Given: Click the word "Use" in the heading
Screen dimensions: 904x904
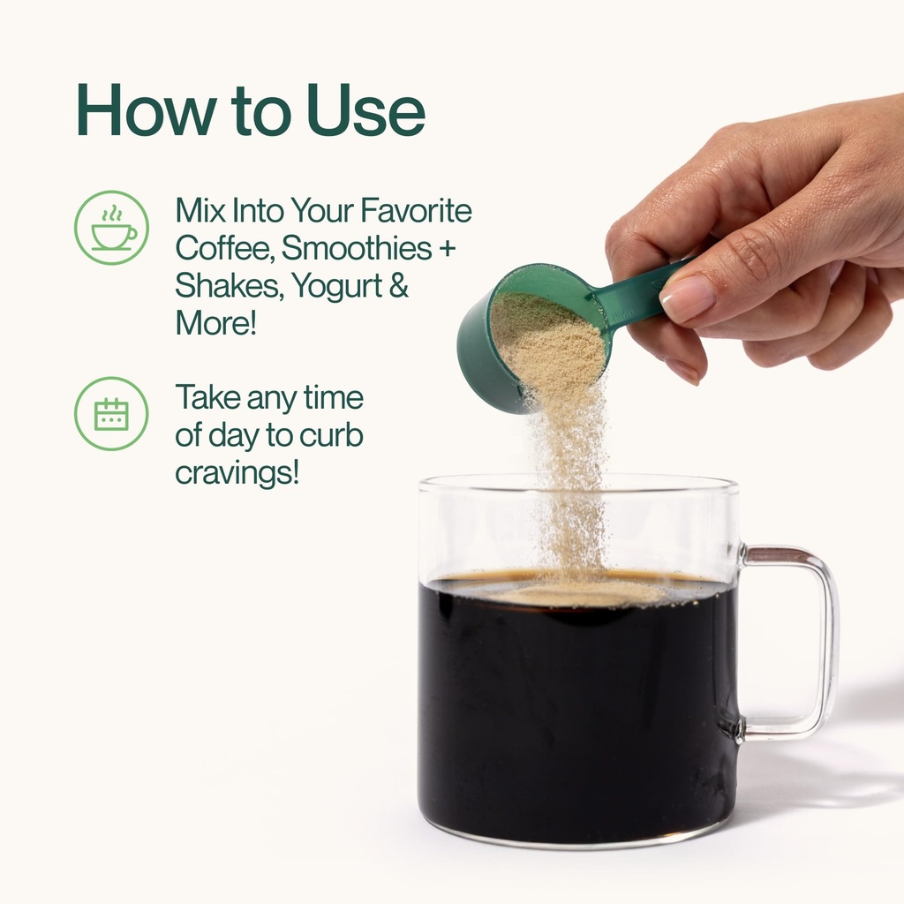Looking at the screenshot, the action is pyautogui.click(x=365, y=109).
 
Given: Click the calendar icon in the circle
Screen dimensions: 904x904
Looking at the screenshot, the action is pyautogui.click(x=111, y=413).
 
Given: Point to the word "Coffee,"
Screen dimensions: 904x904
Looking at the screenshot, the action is pyautogui.click(x=225, y=248).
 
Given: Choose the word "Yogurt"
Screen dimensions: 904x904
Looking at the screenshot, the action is pyautogui.click(x=336, y=287).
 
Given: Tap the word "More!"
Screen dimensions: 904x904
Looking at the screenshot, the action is pyautogui.click(x=215, y=322).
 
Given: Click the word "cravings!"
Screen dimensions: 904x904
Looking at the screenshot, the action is pyautogui.click(x=237, y=474).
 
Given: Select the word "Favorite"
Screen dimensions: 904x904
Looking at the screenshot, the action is pyautogui.click(x=416, y=210).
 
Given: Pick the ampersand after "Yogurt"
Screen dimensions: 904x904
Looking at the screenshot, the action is pyautogui.click(x=399, y=285).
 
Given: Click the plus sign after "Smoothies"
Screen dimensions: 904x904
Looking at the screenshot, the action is pyautogui.click(x=447, y=248).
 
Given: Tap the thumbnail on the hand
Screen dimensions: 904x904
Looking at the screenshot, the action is pyautogui.click(x=687, y=298).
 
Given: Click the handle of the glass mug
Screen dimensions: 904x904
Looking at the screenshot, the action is pyautogui.click(x=825, y=641).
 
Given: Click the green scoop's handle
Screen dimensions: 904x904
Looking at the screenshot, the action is pyautogui.click(x=640, y=291).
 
